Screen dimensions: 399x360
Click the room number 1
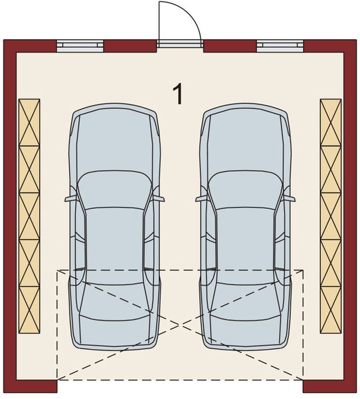click(177, 94)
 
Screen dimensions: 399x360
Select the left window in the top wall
click(80, 46)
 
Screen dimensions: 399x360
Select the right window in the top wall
click(280, 46)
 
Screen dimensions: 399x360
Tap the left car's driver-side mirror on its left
click(70, 198)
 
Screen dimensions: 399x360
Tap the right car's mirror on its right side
click(290, 198)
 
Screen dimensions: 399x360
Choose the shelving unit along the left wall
click(29, 216)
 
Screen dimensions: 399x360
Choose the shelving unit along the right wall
click(330, 216)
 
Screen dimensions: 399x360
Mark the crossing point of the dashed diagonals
click(180, 325)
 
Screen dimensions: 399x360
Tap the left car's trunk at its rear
click(115, 329)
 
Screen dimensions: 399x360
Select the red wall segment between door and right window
click(229, 46)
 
